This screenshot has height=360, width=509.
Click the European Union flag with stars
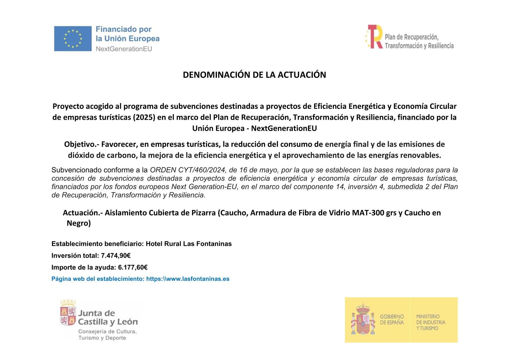click(x=73, y=38)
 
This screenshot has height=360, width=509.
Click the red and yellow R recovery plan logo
click(x=374, y=37)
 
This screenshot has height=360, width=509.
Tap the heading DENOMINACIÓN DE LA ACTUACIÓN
click(x=254, y=75)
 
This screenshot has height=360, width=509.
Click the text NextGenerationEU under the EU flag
click(x=124, y=49)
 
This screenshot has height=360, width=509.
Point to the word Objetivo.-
click(x=81, y=144)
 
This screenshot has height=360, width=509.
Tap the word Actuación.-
click(x=83, y=213)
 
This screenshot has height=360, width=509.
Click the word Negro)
click(x=79, y=224)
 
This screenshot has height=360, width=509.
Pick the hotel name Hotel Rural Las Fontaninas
click(x=189, y=244)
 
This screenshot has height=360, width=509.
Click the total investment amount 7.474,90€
click(x=116, y=256)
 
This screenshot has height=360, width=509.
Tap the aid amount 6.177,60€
click(x=133, y=267)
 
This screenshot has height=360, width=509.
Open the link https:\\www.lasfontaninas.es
click(x=188, y=279)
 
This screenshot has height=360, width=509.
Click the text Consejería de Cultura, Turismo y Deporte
click(x=107, y=335)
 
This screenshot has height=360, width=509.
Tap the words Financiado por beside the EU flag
click(x=123, y=29)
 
